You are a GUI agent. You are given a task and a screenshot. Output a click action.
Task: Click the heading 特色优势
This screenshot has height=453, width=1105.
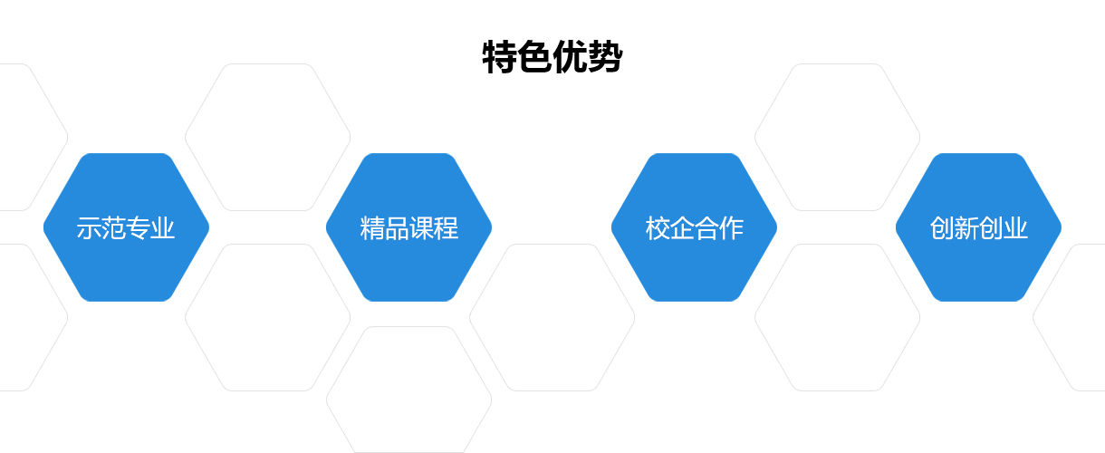coord(552,57)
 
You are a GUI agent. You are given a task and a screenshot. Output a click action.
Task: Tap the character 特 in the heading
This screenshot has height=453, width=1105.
coord(500,57)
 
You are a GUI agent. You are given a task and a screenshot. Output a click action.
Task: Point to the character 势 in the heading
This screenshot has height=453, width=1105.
coord(605,57)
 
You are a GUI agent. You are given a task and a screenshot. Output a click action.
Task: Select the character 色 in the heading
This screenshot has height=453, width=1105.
coord(534,57)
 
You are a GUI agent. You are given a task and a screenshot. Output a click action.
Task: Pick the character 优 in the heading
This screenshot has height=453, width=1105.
coord(570,57)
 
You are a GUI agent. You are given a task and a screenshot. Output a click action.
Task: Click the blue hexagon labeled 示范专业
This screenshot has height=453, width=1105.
coord(126,227)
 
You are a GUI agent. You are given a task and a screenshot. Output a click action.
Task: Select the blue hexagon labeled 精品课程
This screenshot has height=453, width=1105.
coord(409,227)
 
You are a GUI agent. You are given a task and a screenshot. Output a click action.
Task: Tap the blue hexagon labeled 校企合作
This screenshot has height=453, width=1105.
coord(694,227)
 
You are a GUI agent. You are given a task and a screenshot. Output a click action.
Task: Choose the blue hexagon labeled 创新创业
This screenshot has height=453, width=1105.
coord(979,227)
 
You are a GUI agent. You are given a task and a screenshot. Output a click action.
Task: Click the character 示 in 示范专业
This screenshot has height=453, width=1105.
coord(89,228)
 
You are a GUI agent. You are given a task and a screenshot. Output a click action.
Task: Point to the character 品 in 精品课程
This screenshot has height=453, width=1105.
coord(397,228)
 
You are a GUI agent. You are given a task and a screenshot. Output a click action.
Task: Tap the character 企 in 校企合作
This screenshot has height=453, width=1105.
coord(682,228)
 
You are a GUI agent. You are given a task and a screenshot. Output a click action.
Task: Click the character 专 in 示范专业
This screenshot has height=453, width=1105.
coord(138,228)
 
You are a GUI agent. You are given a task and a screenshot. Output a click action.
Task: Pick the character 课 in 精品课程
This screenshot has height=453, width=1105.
coord(421,228)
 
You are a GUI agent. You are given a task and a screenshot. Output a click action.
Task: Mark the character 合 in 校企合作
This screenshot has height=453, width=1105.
coord(706,228)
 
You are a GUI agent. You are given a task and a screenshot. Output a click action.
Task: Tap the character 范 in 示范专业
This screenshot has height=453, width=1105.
coord(113,228)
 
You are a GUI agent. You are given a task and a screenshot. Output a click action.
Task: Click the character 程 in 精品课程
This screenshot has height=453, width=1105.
coord(446,228)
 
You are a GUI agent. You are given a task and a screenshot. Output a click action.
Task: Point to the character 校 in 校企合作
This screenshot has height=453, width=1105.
coord(658,228)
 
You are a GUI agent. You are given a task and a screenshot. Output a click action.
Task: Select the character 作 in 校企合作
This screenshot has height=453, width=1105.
coord(731,228)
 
